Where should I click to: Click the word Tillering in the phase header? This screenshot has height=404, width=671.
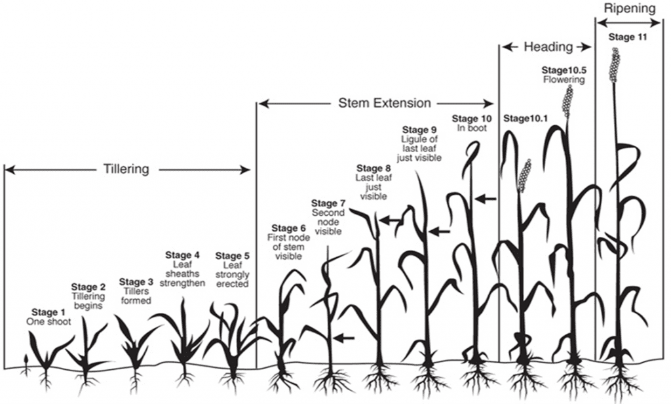point(126,169)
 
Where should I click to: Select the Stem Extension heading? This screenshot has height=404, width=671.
point(384,103)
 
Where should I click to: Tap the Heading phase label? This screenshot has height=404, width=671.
point(548,47)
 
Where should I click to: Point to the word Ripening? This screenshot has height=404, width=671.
point(630,9)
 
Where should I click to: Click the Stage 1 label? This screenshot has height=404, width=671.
point(48,312)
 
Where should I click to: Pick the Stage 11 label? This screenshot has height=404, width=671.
point(628,37)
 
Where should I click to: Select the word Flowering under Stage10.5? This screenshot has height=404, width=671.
point(564,80)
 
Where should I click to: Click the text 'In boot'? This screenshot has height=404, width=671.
point(472,128)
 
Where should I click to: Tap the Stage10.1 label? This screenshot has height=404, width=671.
point(526,119)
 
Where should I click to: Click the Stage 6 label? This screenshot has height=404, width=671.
point(289,228)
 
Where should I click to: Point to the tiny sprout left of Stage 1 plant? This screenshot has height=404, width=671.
point(26,364)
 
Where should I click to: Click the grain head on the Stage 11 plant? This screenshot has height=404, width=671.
point(615,64)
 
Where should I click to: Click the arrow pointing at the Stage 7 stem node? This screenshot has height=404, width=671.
point(344,338)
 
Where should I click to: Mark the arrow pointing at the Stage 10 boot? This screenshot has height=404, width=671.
point(486,199)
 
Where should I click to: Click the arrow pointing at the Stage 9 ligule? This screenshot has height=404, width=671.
point(440,232)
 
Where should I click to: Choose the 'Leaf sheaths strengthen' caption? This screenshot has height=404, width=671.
point(182,274)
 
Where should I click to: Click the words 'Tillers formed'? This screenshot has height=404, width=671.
point(136,296)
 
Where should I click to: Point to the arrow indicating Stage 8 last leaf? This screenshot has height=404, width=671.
point(391,220)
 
